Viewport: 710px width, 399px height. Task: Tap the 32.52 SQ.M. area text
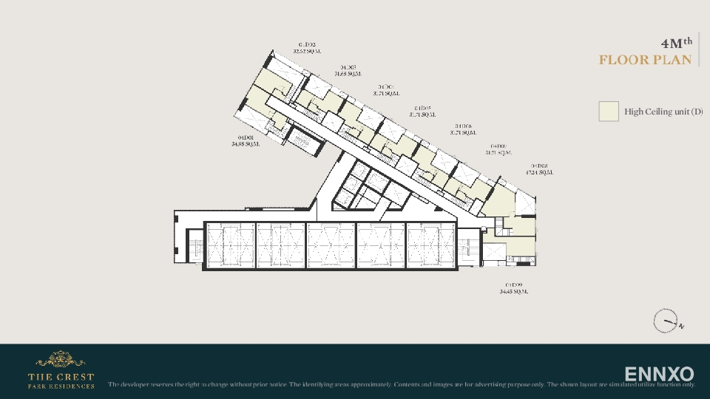307,52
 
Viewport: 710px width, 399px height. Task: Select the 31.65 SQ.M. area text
348,74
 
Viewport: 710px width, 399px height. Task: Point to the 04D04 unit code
385,87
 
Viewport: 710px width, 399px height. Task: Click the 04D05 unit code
422,108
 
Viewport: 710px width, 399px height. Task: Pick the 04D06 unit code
463,126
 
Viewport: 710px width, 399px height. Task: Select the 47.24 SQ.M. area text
539,172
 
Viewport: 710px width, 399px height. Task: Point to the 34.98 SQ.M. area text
246,144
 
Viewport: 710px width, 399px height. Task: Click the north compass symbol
665,321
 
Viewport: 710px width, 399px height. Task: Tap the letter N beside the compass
681,326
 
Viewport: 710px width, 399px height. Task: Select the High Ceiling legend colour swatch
609,112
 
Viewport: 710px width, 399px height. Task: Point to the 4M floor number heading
676,42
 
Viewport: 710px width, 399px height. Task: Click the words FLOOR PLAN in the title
646,60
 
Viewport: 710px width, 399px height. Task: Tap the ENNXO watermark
659,374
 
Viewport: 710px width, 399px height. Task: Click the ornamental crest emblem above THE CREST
61,360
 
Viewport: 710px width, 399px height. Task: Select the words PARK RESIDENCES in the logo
61,386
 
